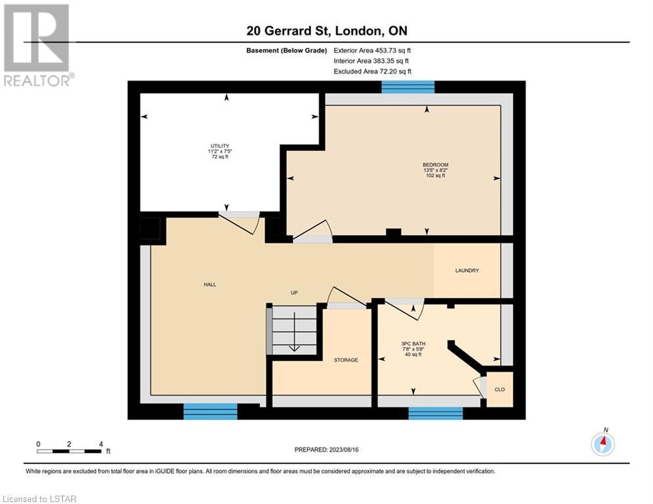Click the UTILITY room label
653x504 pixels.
(x=220, y=146)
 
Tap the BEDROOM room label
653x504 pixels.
(x=435, y=165)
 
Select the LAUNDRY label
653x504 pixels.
(x=467, y=270)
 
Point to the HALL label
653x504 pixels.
(x=210, y=285)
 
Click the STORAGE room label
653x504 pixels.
(x=346, y=360)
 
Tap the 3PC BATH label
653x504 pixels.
(x=413, y=344)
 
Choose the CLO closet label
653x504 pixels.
(x=499, y=389)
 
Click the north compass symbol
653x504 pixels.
(x=602, y=444)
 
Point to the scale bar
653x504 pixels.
(x=69, y=451)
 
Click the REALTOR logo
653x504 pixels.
(x=37, y=45)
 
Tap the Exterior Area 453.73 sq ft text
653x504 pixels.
(x=372, y=51)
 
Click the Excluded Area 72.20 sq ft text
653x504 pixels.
(x=372, y=72)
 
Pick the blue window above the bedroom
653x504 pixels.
(x=408, y=87)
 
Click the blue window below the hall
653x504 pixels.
(x=210, y=411)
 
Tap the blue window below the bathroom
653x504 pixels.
(x=436, y=413)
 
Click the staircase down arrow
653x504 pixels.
(x=295, y=331)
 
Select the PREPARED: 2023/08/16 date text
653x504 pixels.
(x=327, y=450)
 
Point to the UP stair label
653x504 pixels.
(x=294, y=293)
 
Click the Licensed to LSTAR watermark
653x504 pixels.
(x=39, y=499)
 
